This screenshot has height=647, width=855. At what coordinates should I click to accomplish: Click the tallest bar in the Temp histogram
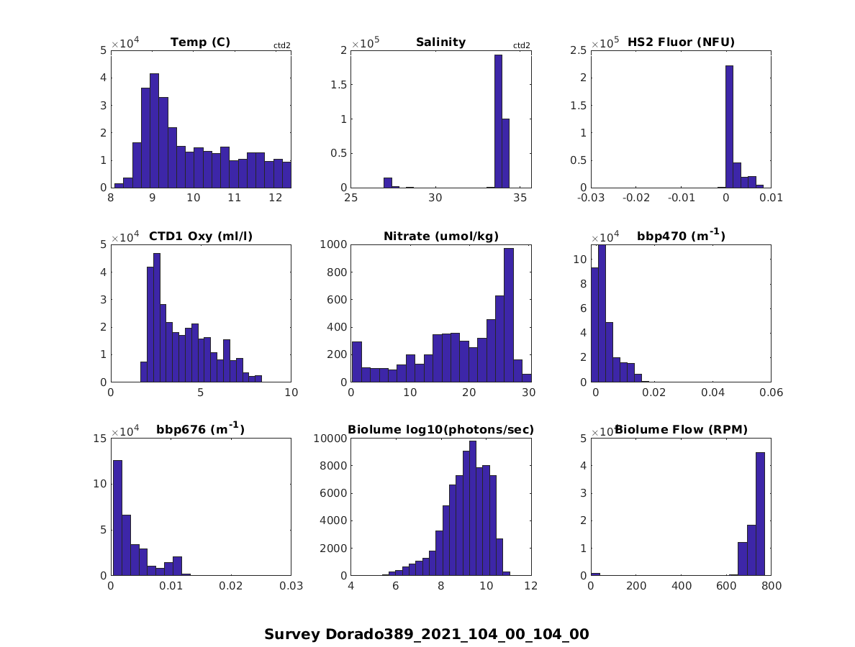154,129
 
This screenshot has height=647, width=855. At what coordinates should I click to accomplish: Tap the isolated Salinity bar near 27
388,183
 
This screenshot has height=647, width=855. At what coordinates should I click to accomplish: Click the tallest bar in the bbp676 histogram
117,518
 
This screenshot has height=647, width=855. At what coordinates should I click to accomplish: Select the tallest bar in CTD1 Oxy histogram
156,317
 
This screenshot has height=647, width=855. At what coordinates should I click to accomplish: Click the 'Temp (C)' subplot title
200,42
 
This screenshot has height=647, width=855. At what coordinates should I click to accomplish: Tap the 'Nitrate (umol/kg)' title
440,236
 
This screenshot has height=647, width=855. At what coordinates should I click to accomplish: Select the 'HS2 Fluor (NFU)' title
681,42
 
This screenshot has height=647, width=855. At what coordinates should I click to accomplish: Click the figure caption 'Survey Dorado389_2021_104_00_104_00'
427,634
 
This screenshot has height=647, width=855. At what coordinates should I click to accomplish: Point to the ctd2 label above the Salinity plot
521,45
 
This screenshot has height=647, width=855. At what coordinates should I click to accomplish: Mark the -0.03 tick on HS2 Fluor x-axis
591,198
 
